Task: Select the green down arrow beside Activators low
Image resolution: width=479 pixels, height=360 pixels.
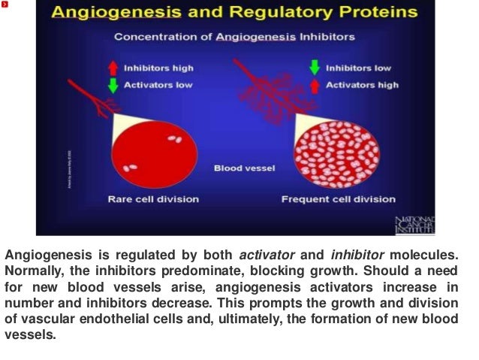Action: [113, 84]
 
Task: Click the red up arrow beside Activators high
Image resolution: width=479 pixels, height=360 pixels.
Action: [315, 85]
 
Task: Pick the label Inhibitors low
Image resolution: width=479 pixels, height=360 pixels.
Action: [360, 68]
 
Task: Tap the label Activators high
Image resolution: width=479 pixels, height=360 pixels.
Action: [362, 85]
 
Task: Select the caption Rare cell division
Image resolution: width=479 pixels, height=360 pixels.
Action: [153, 199]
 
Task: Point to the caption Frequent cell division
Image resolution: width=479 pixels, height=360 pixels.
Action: [338, 199]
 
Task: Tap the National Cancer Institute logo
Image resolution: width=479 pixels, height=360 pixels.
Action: [414, 225]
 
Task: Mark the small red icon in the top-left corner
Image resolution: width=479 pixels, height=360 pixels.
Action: [5, 5]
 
